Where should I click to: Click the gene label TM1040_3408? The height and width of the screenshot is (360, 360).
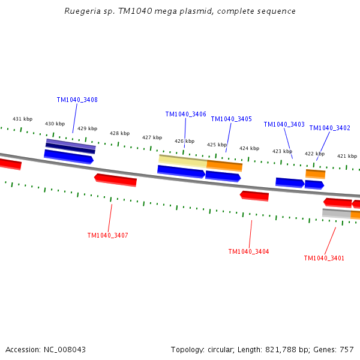point(77,100)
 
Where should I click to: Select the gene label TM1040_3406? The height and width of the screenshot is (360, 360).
point(185,114)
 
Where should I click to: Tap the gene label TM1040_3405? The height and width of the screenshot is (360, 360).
point(231,119)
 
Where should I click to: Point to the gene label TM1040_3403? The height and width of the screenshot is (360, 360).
point(284,124)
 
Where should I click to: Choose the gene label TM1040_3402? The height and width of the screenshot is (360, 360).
point(329,128)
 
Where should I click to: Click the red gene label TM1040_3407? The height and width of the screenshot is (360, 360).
point(107,235)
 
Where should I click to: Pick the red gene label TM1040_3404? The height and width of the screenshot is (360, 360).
point(248,251)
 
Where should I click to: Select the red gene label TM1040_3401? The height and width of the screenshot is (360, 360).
point(324,258)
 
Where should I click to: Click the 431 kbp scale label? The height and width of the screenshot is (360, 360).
point(23,119)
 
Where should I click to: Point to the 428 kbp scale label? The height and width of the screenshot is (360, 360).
point(119,133)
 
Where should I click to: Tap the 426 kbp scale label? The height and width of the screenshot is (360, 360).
point(184,141)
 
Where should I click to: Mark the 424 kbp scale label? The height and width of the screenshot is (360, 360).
point(249,148)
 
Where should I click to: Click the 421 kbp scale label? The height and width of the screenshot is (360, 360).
point(346,156)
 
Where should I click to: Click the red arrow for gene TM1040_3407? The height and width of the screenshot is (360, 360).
point(116,179)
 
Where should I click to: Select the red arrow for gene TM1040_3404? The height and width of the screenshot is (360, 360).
point(254,196)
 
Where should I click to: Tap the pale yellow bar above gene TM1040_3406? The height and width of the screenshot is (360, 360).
point(182,160)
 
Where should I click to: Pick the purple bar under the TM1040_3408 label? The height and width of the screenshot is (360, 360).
point(71,144)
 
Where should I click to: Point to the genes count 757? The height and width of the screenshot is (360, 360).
point(346,349)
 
